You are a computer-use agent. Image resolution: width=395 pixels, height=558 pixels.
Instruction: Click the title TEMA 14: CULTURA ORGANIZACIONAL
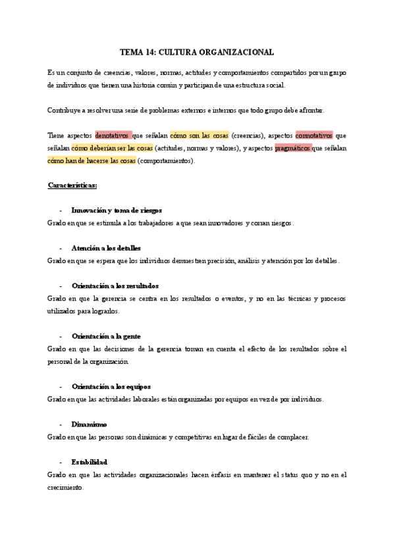click(x=197, y=51)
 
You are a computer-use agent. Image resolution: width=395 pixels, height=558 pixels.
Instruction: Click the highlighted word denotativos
click(x=113, y=136)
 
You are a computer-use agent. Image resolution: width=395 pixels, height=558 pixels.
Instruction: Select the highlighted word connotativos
click(x=314, y=136)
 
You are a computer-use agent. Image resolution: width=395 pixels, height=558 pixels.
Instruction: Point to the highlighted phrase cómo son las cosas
click(x=199, y=136)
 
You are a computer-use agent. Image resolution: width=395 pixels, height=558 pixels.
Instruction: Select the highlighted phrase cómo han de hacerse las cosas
click(x=92, y=161)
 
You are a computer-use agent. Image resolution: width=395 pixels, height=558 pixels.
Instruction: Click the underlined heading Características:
click(x=72, y=186)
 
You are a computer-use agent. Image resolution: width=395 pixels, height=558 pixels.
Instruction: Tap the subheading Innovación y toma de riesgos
click(x=117, y=211)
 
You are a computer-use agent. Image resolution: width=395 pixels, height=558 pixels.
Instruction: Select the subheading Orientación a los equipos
click(x=109, y=386)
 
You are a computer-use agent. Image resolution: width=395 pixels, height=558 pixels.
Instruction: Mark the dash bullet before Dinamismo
click(x=61, y=424)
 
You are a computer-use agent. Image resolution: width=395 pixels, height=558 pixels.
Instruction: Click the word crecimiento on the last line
click(x=65, y=487)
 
